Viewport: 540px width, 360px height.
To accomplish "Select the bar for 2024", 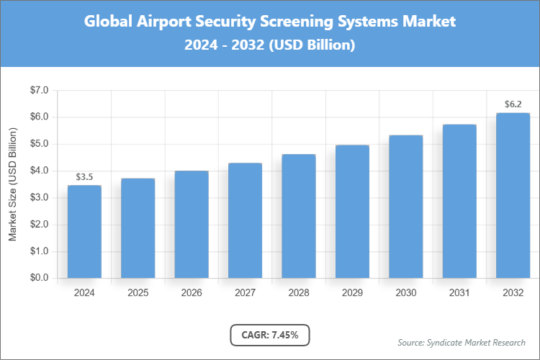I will (x=84, y=232).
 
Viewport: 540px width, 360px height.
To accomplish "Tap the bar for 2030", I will (x=405, y=207).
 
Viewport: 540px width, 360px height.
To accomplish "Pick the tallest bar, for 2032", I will (x=513, y=195).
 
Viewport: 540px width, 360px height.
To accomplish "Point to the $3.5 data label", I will (x=84, y=176).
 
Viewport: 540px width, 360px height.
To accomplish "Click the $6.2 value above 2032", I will (x=513, y=104).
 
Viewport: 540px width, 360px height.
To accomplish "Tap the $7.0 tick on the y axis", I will (x=38, y=91).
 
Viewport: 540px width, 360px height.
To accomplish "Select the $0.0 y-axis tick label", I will (x=38, y=278).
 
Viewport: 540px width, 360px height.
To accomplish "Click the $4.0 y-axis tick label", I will (x=38, y=171).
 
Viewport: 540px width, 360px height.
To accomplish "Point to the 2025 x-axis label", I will (x=138, y=293).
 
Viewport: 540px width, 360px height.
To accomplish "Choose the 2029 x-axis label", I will (x=352, y=293).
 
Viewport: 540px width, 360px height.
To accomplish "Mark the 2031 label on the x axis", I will (x=459, y=293).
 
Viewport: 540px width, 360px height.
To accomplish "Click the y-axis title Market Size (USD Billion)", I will (x=12, y=184).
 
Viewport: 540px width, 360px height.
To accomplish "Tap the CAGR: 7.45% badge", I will (x=269, y=335).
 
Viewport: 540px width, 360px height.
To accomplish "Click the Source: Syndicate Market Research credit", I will (x=462, y=342).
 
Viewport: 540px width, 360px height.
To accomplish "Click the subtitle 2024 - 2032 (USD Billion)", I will (x=270, y=45).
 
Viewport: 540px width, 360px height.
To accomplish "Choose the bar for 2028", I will (x=298, y=216).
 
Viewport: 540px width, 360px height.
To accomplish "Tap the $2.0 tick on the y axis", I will (x=38, y=225).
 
